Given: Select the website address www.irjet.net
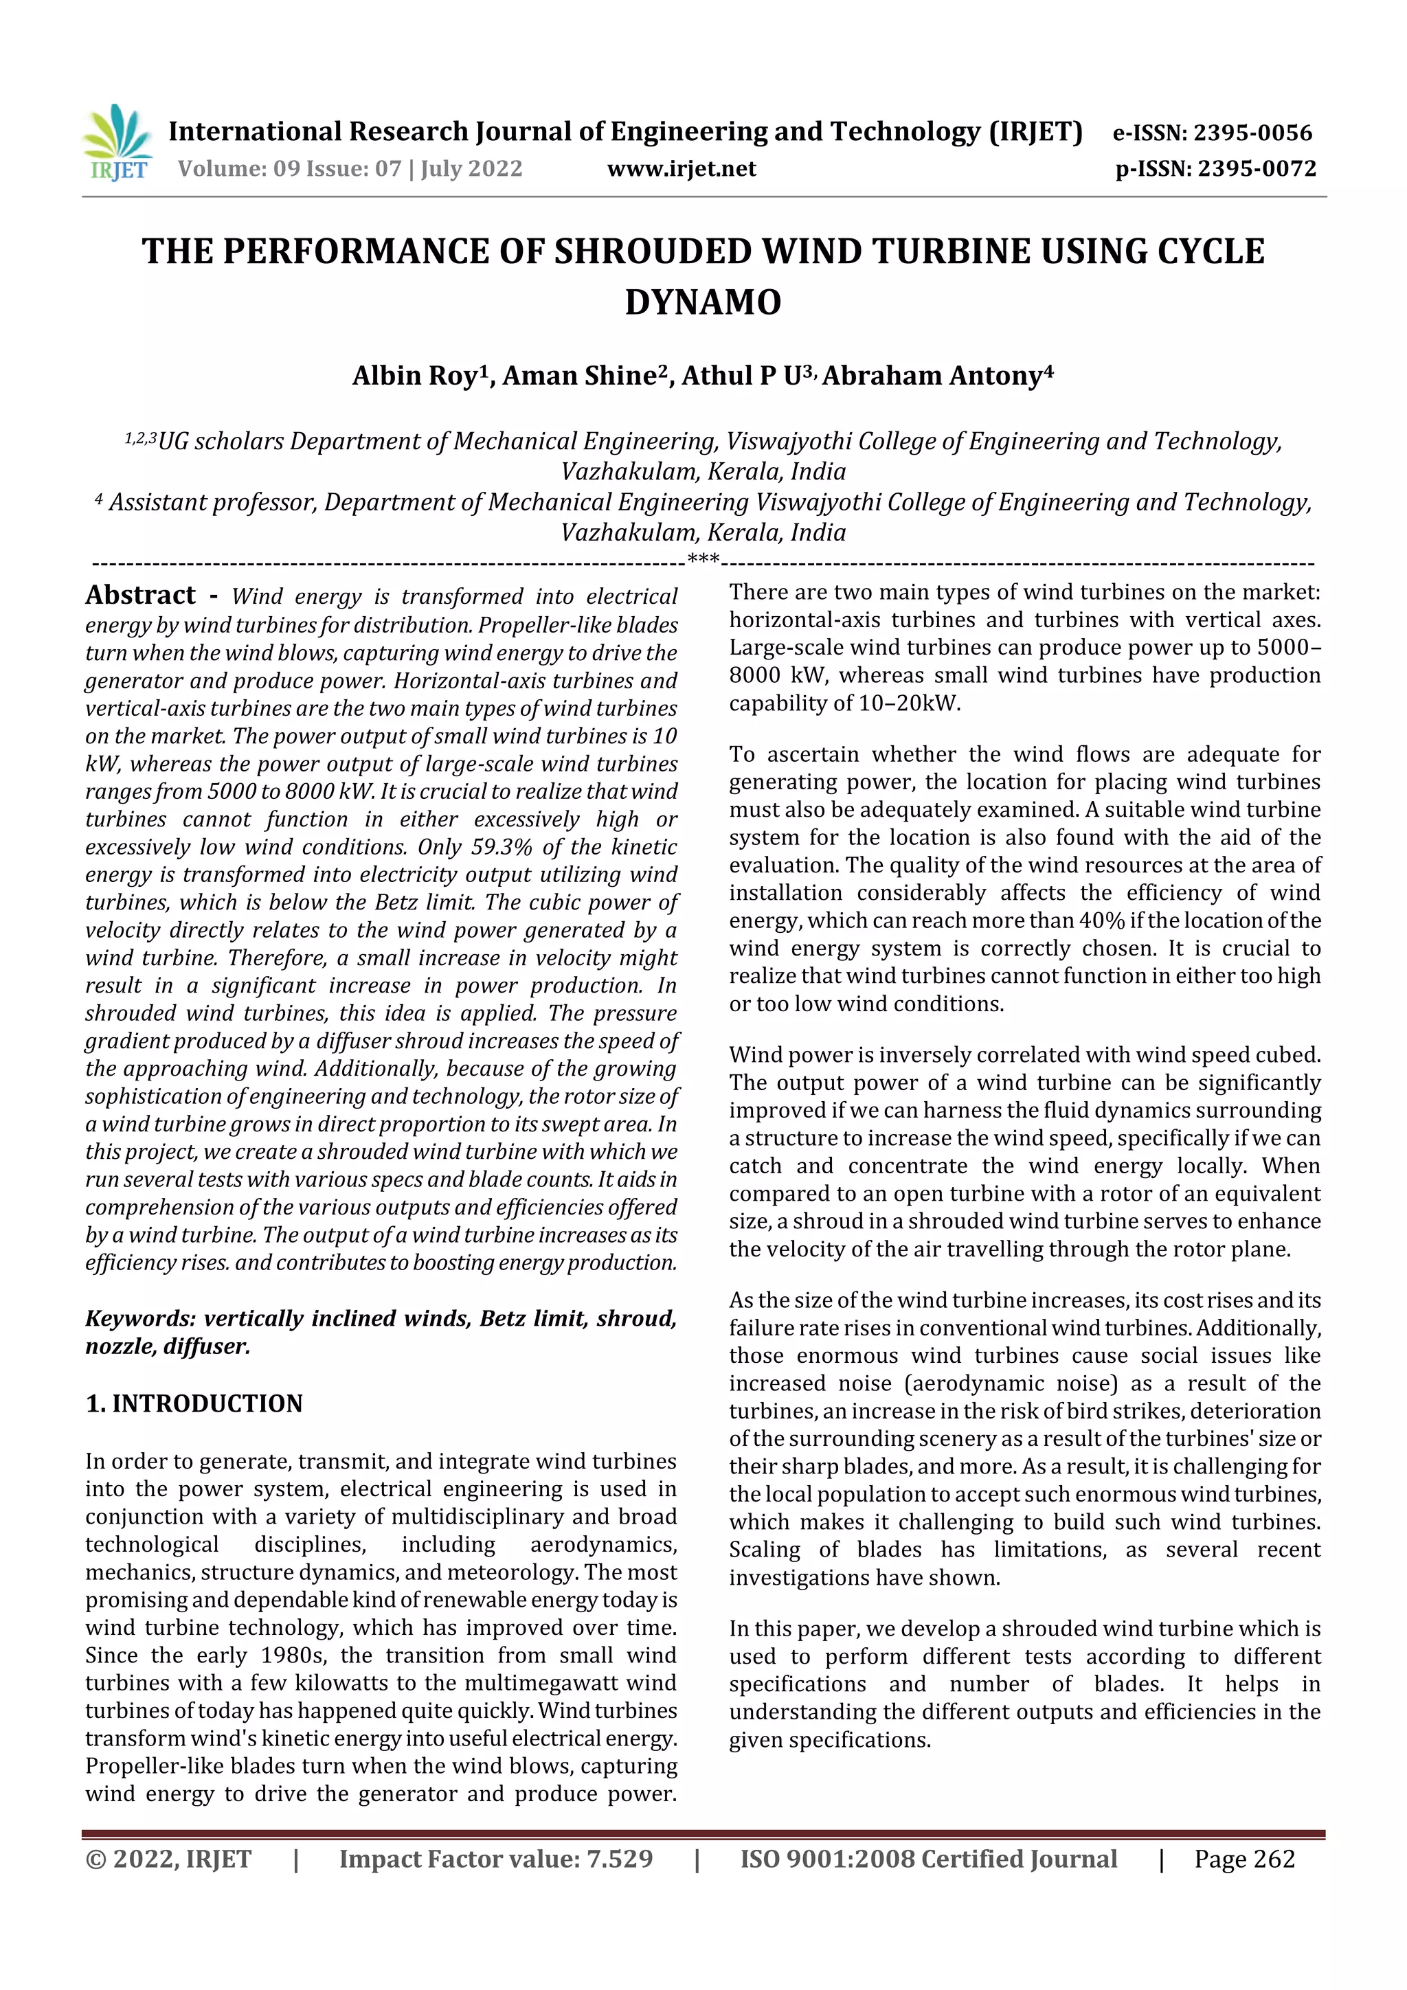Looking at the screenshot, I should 682,168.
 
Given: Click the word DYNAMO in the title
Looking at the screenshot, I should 703,302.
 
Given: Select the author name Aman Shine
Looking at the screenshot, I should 578,375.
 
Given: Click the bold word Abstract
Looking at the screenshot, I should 140,595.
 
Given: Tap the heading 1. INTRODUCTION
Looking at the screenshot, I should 194,1403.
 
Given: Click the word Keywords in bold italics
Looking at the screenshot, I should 140,1318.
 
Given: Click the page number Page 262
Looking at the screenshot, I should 1244,1858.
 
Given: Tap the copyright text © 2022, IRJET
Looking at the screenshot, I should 168,1858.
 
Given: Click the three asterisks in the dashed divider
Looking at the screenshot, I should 703,560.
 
